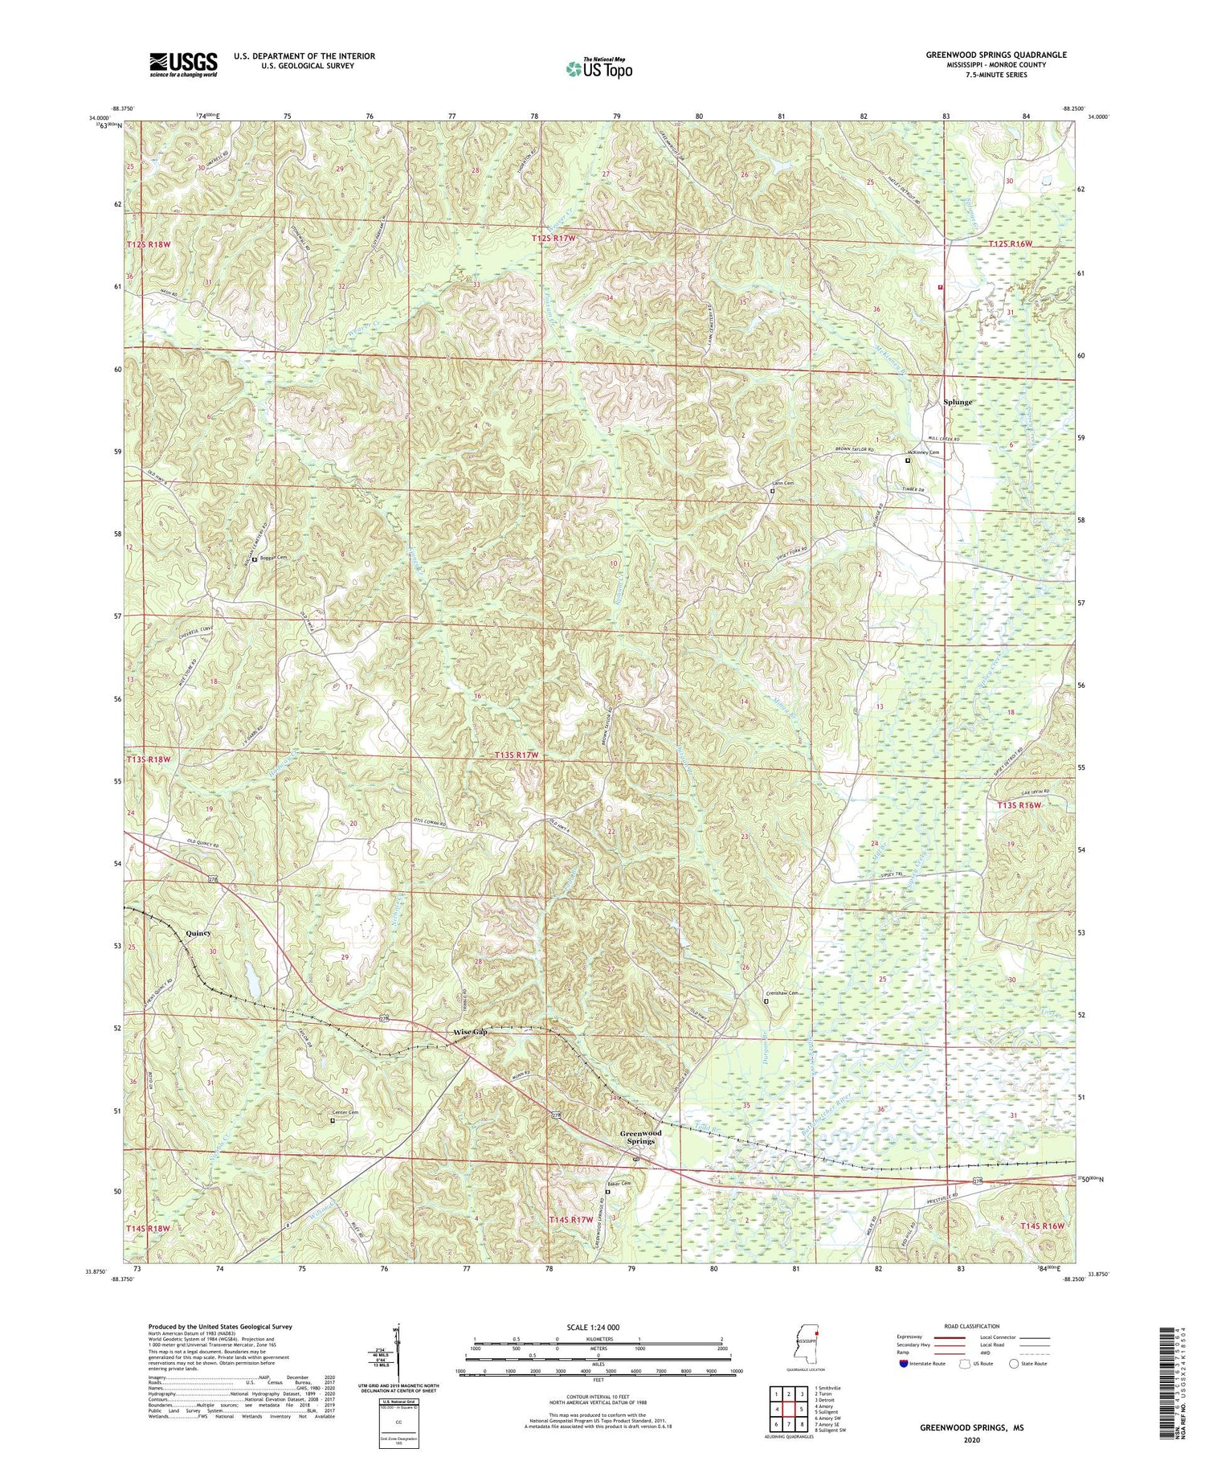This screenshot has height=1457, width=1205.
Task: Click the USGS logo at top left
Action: [183, 64]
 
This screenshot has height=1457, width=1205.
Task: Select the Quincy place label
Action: [198, 933]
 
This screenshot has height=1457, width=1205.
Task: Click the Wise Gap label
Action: [471, 1032]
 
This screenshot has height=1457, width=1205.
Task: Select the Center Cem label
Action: [345, 1112]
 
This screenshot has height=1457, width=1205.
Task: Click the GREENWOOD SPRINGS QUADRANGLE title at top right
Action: [996, 55]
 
